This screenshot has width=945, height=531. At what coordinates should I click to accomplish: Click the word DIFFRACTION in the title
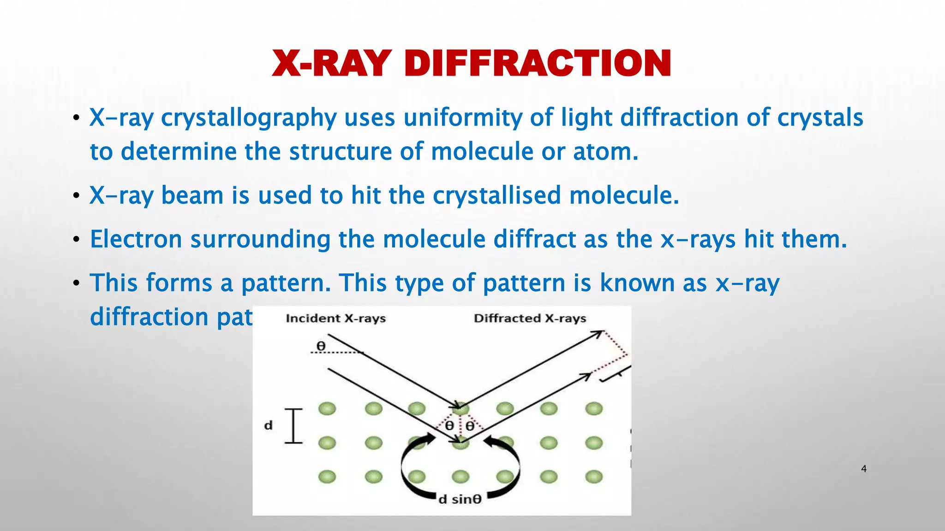(x=538, y=63)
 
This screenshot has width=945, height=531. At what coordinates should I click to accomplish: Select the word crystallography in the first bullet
(x=249, y=118)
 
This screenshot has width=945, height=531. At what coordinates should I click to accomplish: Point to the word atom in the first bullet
(x=605, y=152)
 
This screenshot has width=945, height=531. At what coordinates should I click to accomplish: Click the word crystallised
(x=496, y=195)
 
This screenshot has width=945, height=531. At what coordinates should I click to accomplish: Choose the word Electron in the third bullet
(x=136, y=239)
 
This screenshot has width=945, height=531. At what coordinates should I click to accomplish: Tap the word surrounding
(x=260, y=240)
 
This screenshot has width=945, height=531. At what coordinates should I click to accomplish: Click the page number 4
(x=864, y=469)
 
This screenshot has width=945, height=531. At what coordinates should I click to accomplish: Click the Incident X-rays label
(x=335, y=319)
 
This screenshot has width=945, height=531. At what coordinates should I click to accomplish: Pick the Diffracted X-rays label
(x=530, y=319)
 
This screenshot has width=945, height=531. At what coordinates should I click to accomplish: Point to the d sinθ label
(x=460, y=499)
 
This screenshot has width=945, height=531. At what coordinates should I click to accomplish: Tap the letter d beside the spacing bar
(x=269, y=425)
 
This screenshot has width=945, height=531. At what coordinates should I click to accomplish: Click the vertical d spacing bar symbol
(x=293, y=426)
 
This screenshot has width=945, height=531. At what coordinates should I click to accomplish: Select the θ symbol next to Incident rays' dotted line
(x=321, y=346)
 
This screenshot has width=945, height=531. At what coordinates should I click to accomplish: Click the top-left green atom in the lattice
(x=327, y=408)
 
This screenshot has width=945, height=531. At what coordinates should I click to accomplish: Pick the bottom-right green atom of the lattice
(x=594, y=476)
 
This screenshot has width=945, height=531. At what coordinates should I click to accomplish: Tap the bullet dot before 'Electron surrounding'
(x=77, y=240)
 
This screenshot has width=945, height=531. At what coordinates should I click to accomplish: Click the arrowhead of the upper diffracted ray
(x=600, y=332)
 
